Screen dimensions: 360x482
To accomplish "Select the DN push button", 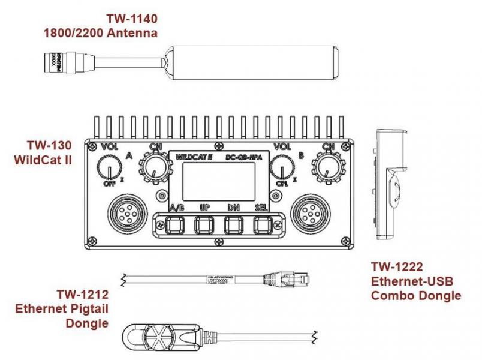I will click(233, 225).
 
